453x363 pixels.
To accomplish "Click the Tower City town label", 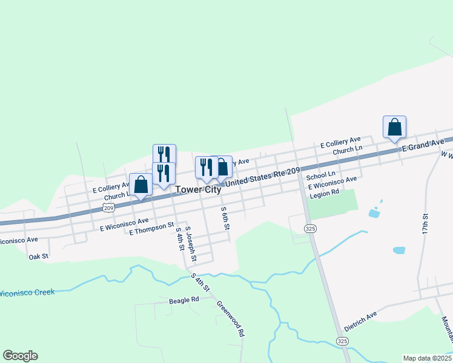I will [198, 189].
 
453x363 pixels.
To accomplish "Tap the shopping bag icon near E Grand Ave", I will [394, 127].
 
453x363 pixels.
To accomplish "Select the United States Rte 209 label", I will [263, 177].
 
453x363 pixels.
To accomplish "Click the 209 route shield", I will [108, 208].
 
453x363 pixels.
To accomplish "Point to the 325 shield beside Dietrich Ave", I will [343, 341].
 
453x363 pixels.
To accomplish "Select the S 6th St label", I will [225, 218].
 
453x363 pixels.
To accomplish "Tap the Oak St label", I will [38, 257].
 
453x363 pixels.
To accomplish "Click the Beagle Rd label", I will [184, 299].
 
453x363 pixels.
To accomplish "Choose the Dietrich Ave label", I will [360, 321].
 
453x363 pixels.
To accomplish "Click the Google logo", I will [20, 356].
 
